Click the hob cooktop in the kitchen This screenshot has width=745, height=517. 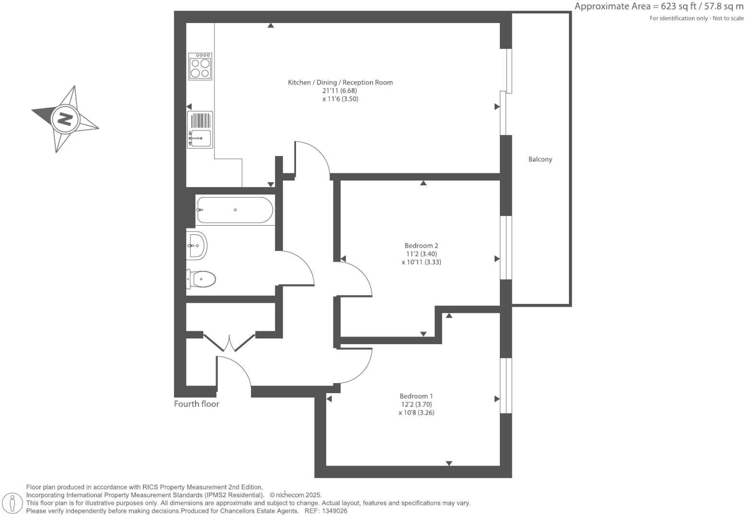coord(200,66)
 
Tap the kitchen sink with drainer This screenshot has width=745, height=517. coord(200,130)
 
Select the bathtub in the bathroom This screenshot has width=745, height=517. coord(235,210)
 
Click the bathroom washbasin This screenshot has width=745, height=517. coord(197,245)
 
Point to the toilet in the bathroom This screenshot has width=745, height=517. coord(201,279)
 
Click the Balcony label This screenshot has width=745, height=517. coord(540,159)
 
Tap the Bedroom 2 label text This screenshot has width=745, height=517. coord(421,246)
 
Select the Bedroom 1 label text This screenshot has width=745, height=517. coord(416,396)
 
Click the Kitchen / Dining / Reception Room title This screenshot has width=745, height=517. coord(340,83)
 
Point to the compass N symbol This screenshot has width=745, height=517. coord(65,118)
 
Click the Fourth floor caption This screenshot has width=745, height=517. coord(196,404)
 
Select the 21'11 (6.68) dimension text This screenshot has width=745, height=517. coord(340,91)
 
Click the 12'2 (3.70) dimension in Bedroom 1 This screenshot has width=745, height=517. coord(416,404)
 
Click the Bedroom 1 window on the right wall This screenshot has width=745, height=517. coord(506,385)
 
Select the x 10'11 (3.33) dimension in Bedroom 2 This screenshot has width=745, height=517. coord(421,262)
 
